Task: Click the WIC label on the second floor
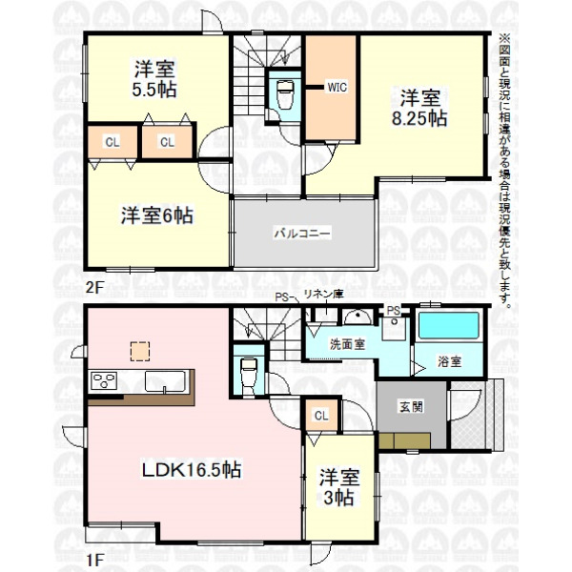(x=337, y=87)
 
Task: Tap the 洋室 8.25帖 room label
(x=419, y=107)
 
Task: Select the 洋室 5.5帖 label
(x=154, y=79)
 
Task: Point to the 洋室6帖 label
(x=157, y=215)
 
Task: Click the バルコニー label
(x=302, y=233)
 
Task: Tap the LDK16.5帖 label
(x=192, y=469)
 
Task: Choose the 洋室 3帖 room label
(x=339, y=487)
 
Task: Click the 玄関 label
(x=411, y=407)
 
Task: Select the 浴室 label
(x=449, y=361)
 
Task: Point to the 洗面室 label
(x=347, y=344)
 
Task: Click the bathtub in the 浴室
(x=448, y=325)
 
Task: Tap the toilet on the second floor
(x=284, y=94)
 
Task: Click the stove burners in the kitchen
(x=104, y=380)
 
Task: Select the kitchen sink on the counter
(x=165, y=381)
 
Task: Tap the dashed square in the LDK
(x=140, y=351)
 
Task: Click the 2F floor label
(x=94, y=288)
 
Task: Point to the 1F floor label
(x=94, y=560)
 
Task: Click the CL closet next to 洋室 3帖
(x=321, y=415)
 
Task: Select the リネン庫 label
(x=324, y=295)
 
